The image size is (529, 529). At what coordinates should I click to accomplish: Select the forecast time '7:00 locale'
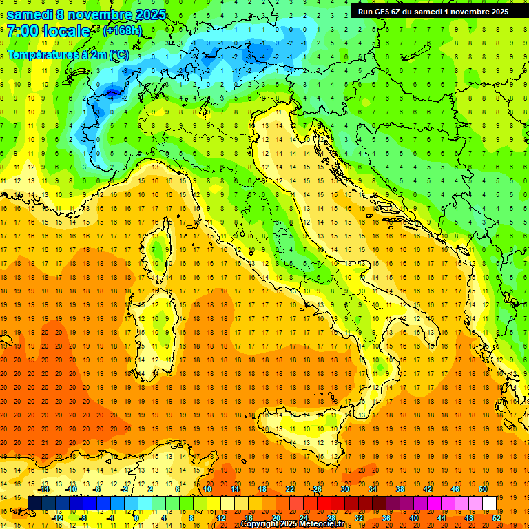click(49, 31)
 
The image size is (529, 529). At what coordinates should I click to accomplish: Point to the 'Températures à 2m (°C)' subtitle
click(68, 54)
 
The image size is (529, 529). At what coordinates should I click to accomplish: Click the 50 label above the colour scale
click(483, 489)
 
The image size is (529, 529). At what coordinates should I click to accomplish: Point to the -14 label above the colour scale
click(44, 489)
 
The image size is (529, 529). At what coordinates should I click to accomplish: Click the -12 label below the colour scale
click(58, 517)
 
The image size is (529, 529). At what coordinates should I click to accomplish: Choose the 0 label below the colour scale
click(136, 517)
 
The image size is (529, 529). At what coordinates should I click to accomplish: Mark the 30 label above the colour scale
click(345, 489)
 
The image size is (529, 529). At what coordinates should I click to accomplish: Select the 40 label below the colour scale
click(413, 517)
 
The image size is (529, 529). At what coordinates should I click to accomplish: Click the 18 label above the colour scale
click(262, 489)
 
